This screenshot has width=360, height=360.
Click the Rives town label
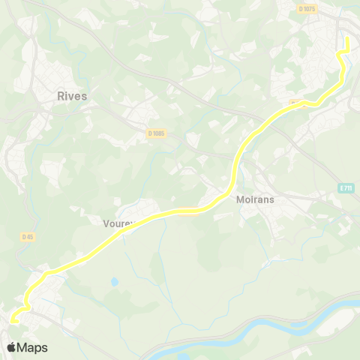click(x=72, y=96)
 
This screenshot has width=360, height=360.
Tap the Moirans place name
click(x=257, y=201)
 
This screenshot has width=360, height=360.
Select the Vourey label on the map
click(x=118, y=223)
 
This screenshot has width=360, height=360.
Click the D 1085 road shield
click(x=156, y=133)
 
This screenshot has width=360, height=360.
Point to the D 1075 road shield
click(x=307, y=9)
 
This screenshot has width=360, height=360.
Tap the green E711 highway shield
click(x=345, y=187)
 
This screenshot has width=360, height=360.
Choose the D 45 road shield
click(x=28, y=236)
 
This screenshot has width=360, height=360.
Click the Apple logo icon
click(x=11, y=347)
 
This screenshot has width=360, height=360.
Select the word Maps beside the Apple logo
click(x=32, y=348)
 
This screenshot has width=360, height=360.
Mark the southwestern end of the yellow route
click(x=10, y=321)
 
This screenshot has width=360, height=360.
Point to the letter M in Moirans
click(x=241, y=201)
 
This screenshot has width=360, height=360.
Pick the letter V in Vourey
click(x=106, y=223)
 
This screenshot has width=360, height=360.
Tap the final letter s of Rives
click(x=84, y=96)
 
